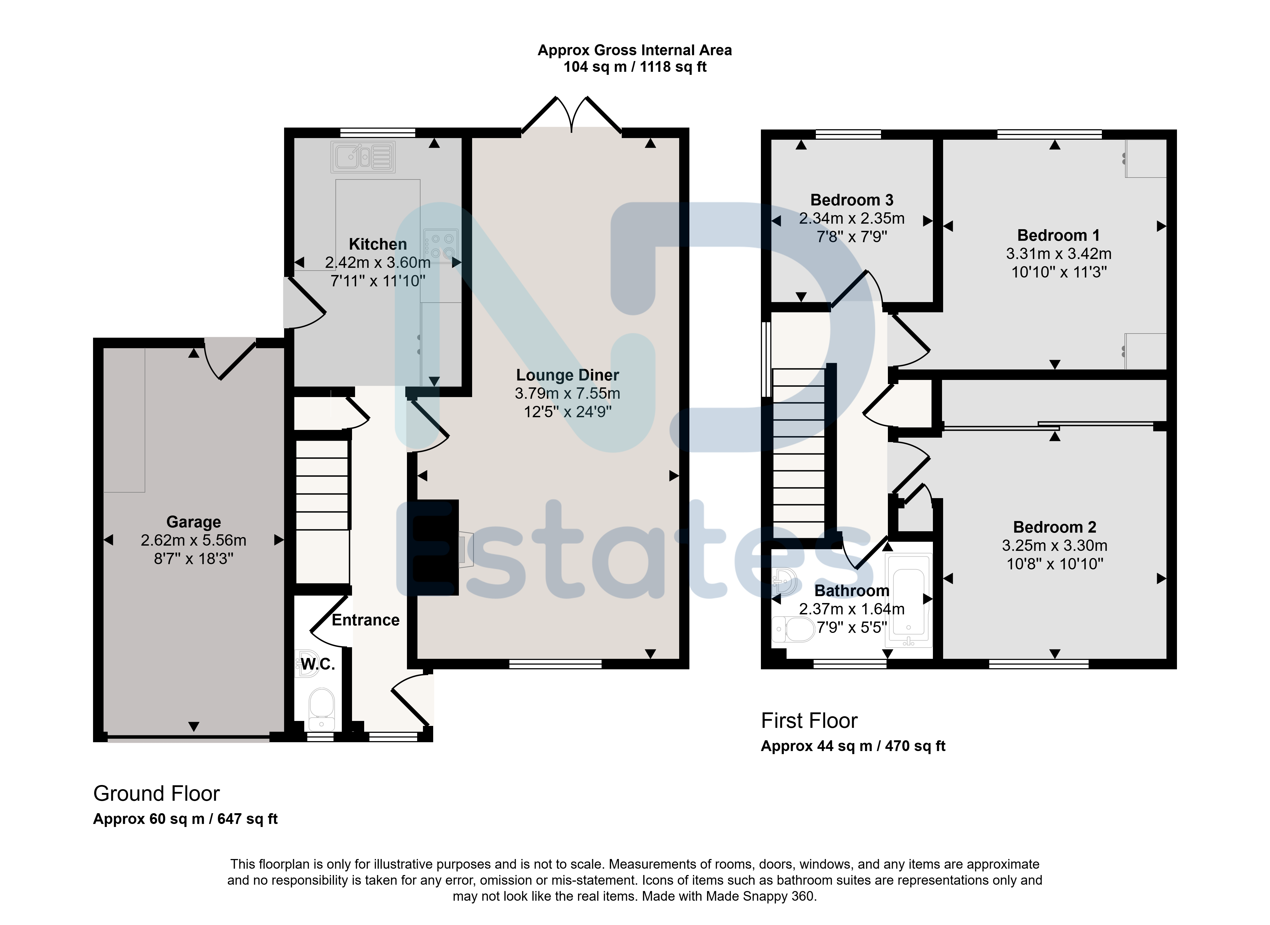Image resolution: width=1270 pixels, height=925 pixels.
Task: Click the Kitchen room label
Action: [378, 244]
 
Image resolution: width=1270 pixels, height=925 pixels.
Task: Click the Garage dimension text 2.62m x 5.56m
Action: [194, 540]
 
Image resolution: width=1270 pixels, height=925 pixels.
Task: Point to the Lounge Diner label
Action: [568, 375]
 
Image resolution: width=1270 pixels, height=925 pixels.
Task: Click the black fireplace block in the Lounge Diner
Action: [436, 546]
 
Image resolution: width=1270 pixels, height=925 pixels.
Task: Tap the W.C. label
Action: [318, 665]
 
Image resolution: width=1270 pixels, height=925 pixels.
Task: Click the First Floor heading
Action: [809, 721]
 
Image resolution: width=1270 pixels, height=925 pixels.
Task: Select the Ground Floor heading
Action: [157, 793]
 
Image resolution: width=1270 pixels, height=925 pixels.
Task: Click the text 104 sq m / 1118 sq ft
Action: [635, 67]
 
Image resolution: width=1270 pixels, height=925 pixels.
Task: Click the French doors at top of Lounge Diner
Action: [572, 115]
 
